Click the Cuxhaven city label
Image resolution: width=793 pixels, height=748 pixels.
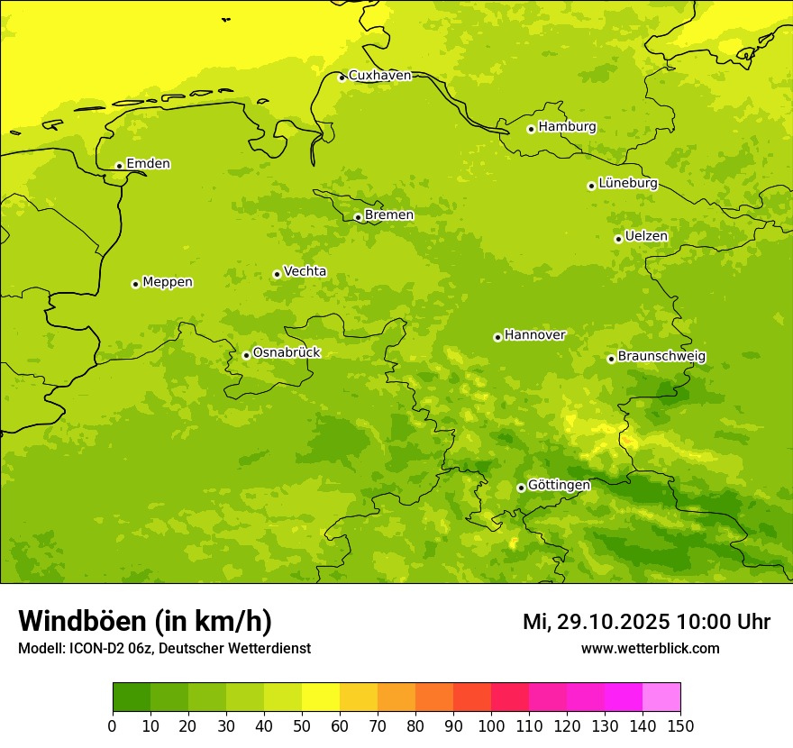pyautogui.click(x=379, y=76)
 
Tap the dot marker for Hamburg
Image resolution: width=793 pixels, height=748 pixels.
pyautogui.click(x=531, y=129)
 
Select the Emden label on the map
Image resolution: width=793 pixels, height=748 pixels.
pyautogui.click(x=148, y=164)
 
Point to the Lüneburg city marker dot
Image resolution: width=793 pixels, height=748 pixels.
pyautogui.click(x=591, y=186)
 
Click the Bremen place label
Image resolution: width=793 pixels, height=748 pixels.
pyautogui.click(x=389, y=215)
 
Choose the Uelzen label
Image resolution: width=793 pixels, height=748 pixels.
pyautogui.click(x=646, y=237)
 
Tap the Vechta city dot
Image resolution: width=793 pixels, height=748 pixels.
pyautogui.click(x=277, y=274)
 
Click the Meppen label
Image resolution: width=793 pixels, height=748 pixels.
pyautogui.click(x=168, y=282)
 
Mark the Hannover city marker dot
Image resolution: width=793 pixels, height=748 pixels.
pyautogui.click(x=497, y=337)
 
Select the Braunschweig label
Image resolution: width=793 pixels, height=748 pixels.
pyautogui.click(x=661, y=357)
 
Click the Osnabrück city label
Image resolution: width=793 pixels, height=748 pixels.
pyautogui.click(x=287, y=353)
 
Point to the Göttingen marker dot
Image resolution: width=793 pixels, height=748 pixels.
pyautogui.click(x=521, y=488)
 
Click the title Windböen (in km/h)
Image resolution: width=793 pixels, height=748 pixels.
pyautogui.click(x=145, y=621)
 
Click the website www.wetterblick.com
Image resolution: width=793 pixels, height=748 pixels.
pyautogui.click(x=650, y=648)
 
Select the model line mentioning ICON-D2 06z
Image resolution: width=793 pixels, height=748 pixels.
pyautogui.click(x=164, y=648)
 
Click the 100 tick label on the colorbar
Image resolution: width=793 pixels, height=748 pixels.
pyautogui.click(x=491, y=725)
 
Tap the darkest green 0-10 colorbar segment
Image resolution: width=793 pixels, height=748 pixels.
pyautogui.click(x=132, y=698)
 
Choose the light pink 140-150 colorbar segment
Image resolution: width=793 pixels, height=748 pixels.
pyautogui.click(x=661, y=698)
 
